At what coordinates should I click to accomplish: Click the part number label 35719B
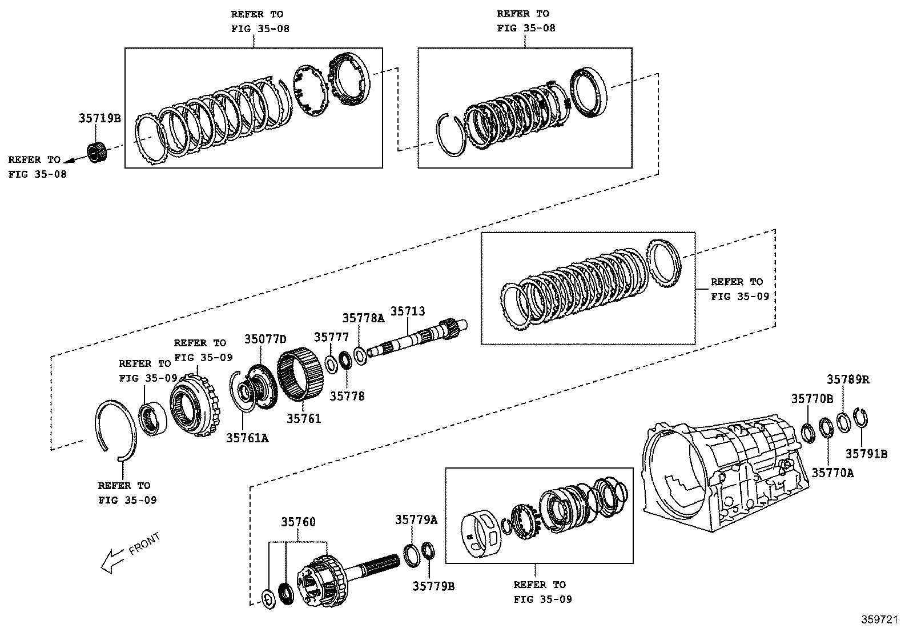click(x=99, y=119)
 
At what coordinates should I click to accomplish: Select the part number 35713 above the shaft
click(x=407, y=312)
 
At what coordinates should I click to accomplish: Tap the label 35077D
click(x=265, y=339)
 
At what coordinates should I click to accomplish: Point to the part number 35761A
click(x=247, y=438)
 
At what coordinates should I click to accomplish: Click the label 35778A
click(x=364, y=318)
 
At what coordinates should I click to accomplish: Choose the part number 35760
click(x=297, y=522)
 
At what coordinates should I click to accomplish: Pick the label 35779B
click(x=433, y=586)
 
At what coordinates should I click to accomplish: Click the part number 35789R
click(x=848, y=379)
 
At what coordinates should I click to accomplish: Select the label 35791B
click(x=866, y=454)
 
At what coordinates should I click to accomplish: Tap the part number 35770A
click(x=832, y=473)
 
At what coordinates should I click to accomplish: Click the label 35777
click(x=331, y=337)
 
